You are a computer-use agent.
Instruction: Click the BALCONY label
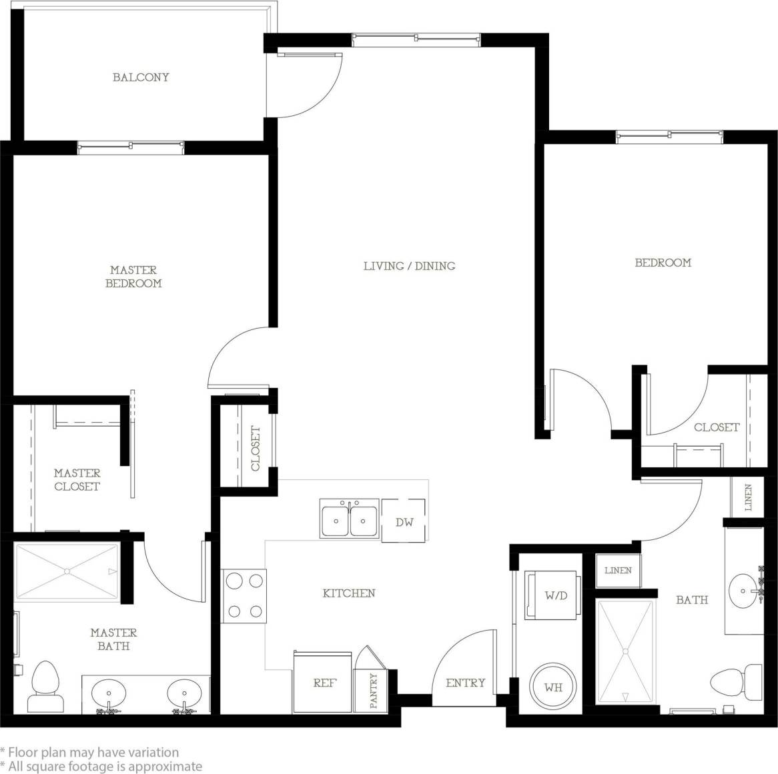[x=141, y=77]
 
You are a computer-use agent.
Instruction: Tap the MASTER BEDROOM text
[x=133, y=277]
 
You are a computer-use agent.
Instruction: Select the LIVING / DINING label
[x=409, y=266]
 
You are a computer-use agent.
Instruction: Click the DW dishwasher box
[x=404, y=522]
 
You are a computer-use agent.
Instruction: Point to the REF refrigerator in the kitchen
[x=324, y=682]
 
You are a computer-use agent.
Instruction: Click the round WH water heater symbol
[x=552, y=686]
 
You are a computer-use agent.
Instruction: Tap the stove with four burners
[x=244, y=595]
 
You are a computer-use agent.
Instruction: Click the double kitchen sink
[x=349, y=518]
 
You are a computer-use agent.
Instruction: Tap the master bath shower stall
[x=66, y=571]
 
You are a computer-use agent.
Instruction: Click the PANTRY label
[x=374, y=690]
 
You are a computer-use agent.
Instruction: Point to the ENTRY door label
[x=465, y=683]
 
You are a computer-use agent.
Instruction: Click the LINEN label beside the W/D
[x=618, y=571]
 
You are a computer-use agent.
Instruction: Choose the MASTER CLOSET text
[x=77, y=479]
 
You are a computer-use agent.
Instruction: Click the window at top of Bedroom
[x=669, y=137]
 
